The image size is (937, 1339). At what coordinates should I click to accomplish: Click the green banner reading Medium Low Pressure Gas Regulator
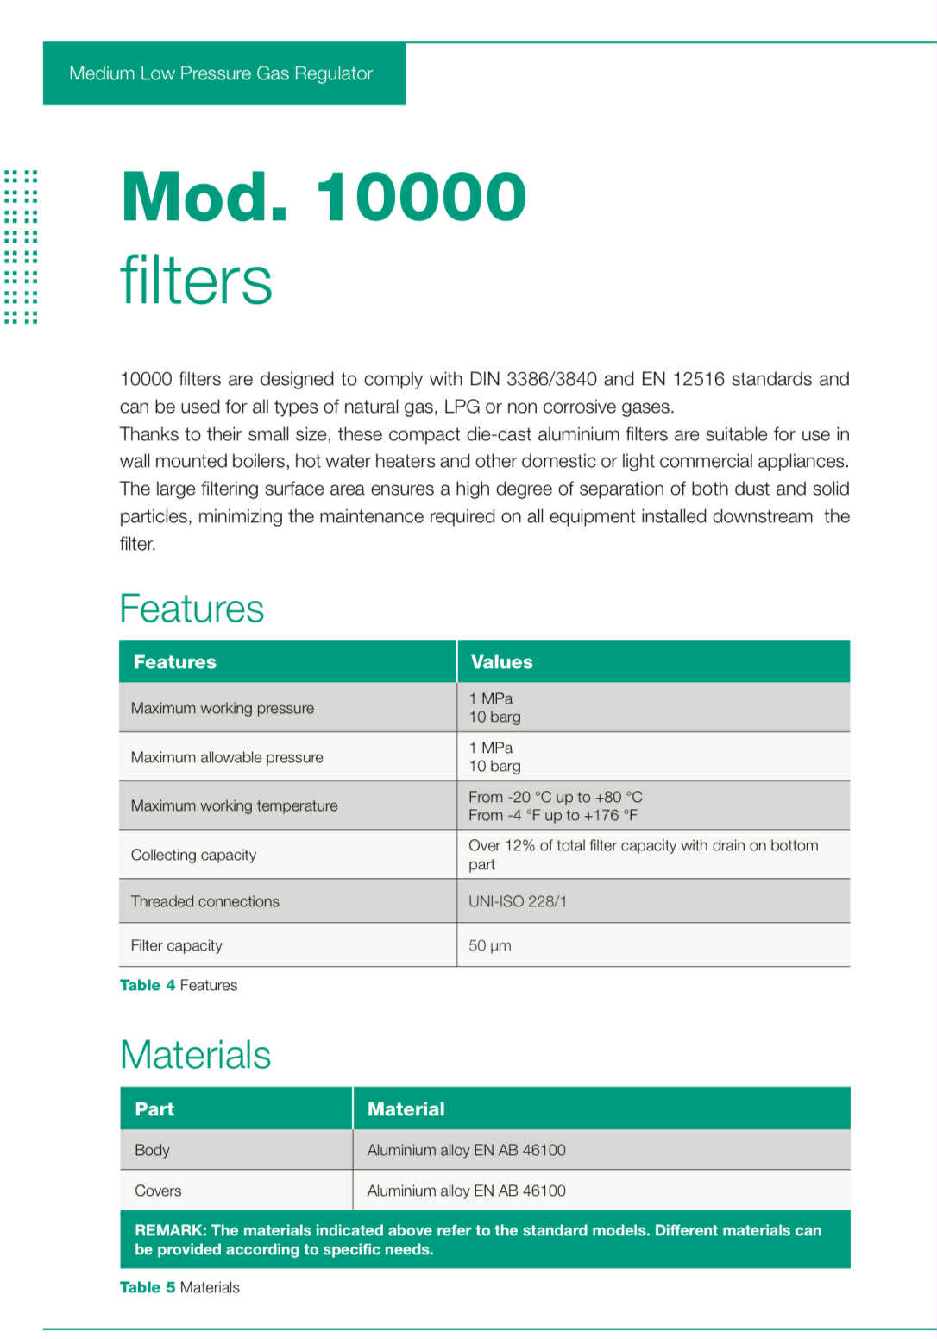(x=221, y=73)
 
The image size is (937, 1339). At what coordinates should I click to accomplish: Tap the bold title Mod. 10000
(x=324, y=197)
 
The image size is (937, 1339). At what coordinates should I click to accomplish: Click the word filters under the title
(x=196, y=280)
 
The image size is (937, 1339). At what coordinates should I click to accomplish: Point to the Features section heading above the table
(x=192, y=609)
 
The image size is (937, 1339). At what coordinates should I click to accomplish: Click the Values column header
(x=501, y=662)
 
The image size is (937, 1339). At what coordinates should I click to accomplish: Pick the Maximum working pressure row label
(x=223, y=708)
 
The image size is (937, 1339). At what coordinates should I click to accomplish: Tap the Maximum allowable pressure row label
(x=227, y=757)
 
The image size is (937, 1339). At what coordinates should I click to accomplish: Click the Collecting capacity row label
(x=193, y=855)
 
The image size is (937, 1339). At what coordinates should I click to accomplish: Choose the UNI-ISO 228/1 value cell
(x=518, y=901)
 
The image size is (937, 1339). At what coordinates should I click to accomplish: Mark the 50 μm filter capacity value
(x=490, y=945)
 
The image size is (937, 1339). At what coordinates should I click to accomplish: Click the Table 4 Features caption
(x=179, y=985)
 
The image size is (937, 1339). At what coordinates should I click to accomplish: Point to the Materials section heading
(x=196, y=1055)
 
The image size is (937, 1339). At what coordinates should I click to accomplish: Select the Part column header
(x=154, y=1109)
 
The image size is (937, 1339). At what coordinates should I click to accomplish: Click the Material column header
(x=406, y=1109)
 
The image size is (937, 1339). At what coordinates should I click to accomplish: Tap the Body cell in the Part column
(x=152, y=1150)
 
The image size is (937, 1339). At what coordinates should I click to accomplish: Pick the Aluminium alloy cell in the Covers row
(x=467, y=1191)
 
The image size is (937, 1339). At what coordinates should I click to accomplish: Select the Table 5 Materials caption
(x=179, y=1287)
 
